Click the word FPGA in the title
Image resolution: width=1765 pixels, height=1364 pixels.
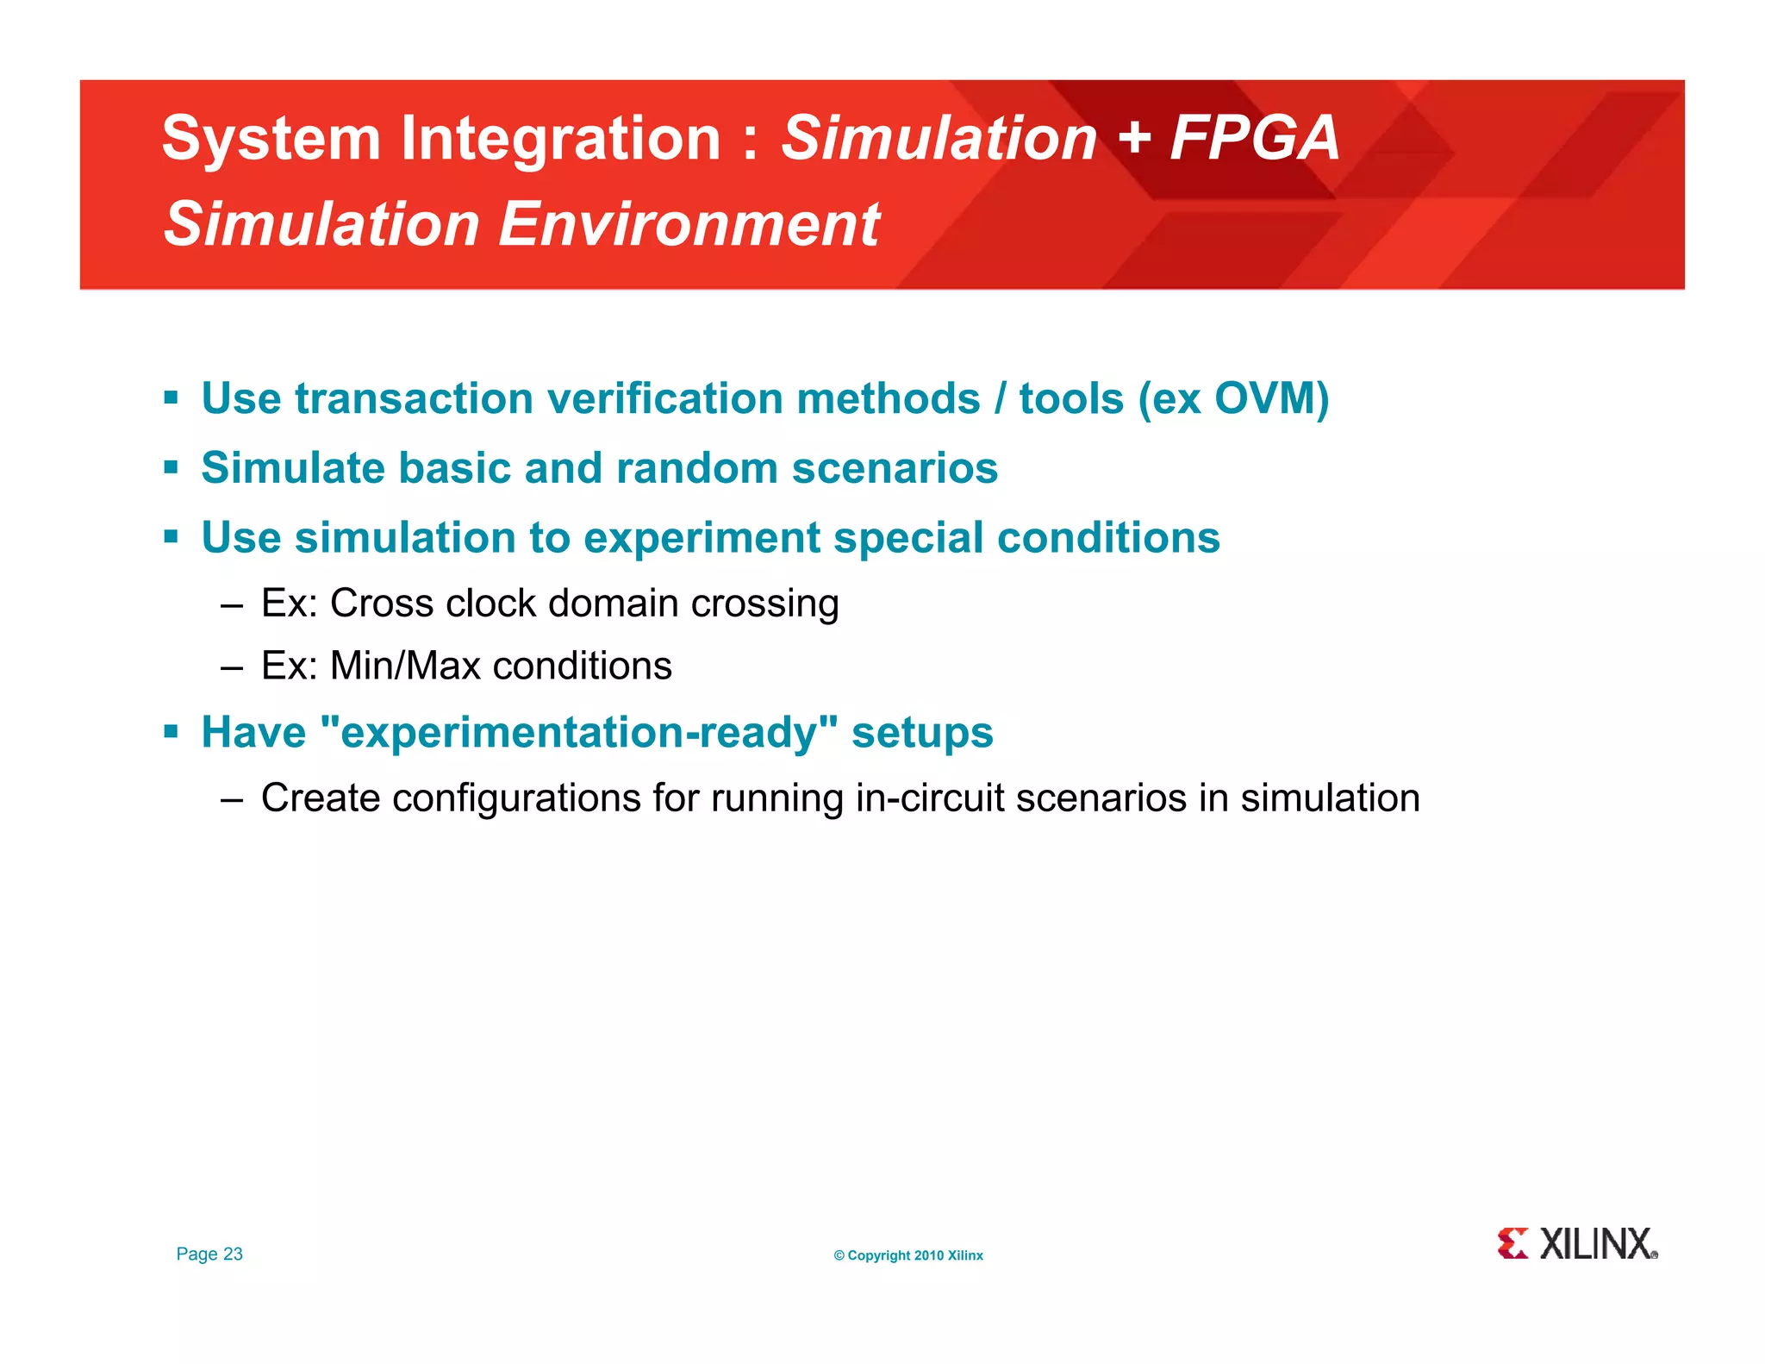tap(1254, 138)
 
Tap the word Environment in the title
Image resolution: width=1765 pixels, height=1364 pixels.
tap(689, 224)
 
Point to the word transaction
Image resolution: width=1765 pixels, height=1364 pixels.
tap(414, 399)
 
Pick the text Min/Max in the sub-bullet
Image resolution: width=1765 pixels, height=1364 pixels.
tap(404, 666)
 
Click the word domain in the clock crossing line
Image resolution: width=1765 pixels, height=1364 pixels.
tap(613, 603)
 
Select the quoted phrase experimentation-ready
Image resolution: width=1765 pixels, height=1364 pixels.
tap(578, 733)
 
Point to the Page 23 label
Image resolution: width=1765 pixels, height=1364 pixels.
tap(209, 1254)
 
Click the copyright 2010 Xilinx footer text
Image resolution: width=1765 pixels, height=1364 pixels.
tap(907, 1255)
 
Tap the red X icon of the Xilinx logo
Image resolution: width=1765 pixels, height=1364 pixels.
tap(1512, 1243)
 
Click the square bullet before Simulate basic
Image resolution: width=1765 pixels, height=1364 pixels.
tap(171, 468)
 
